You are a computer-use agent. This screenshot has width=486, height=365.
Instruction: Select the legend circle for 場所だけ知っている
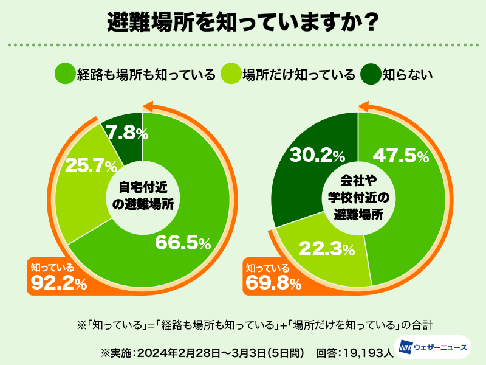(x=231, y=74)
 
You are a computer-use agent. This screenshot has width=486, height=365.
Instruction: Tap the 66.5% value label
(x=182, y=243)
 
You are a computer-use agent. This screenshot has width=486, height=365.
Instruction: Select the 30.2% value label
(x=317, y=156)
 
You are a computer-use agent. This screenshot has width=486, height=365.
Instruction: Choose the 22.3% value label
(x=327, y=248)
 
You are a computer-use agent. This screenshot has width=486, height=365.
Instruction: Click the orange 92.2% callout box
(x=58, y=277)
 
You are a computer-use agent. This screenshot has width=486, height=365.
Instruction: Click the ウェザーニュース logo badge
(x=433, y=347)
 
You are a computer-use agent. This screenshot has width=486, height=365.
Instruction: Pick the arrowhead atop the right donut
(x=364, y=107)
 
